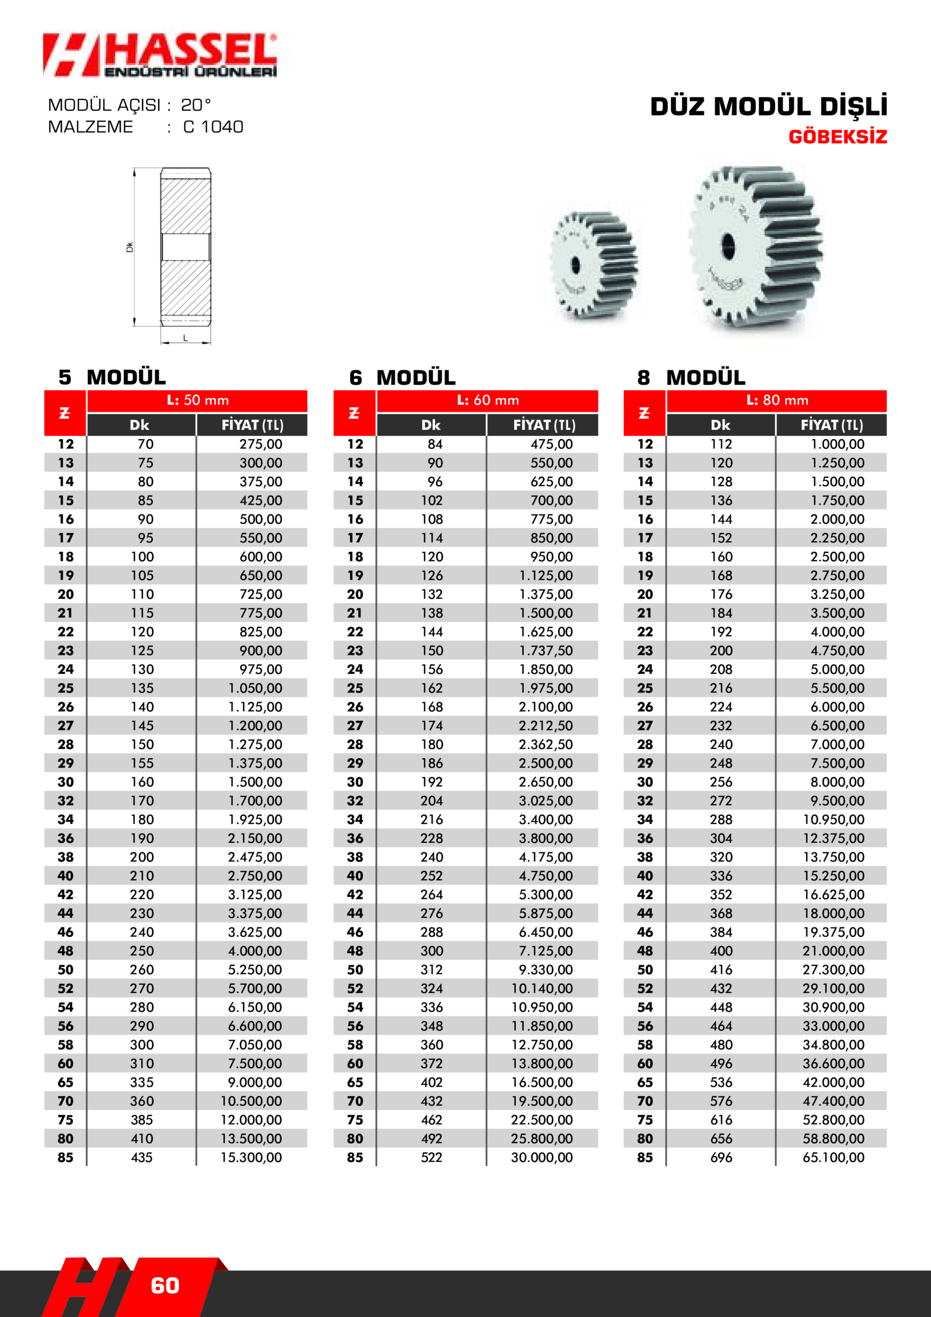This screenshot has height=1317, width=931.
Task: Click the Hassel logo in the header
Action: (x=160, y=55)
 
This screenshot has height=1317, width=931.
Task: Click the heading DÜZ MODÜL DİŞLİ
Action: (x=768, y=106)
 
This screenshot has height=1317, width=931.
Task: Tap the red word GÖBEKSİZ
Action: (x=837, y=136)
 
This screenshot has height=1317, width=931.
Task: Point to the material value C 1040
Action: (x=213, y=127)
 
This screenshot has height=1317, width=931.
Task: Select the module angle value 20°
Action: (x=195, y=105)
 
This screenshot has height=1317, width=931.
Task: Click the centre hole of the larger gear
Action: (x=727, y=245)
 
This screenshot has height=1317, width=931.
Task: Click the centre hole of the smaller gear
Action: (x=576, y=265)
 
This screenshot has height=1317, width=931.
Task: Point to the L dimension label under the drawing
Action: (x=185, y=339)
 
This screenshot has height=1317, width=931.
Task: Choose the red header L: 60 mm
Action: (x=488, y=400)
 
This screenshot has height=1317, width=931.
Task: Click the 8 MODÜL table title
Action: (x=691, y=378)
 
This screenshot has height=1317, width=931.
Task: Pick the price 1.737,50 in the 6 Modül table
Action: (x=546, y=650)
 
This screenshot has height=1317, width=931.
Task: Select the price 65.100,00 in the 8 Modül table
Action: (x=833, y=1158)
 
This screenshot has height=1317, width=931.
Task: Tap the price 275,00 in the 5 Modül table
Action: (x=260, y=444)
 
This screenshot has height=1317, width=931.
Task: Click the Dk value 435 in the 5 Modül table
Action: (x=141, y=1158)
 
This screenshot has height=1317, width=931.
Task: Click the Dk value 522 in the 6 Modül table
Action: (x=432, y=1158)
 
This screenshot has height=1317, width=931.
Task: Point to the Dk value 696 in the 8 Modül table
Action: (x=721, y=1158)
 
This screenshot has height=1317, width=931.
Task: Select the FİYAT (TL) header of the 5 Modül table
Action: (x=253, y=425)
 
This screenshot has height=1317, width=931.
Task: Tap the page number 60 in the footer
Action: (x=165, y=1286)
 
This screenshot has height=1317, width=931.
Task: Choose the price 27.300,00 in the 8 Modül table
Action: (x=833, y=969)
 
